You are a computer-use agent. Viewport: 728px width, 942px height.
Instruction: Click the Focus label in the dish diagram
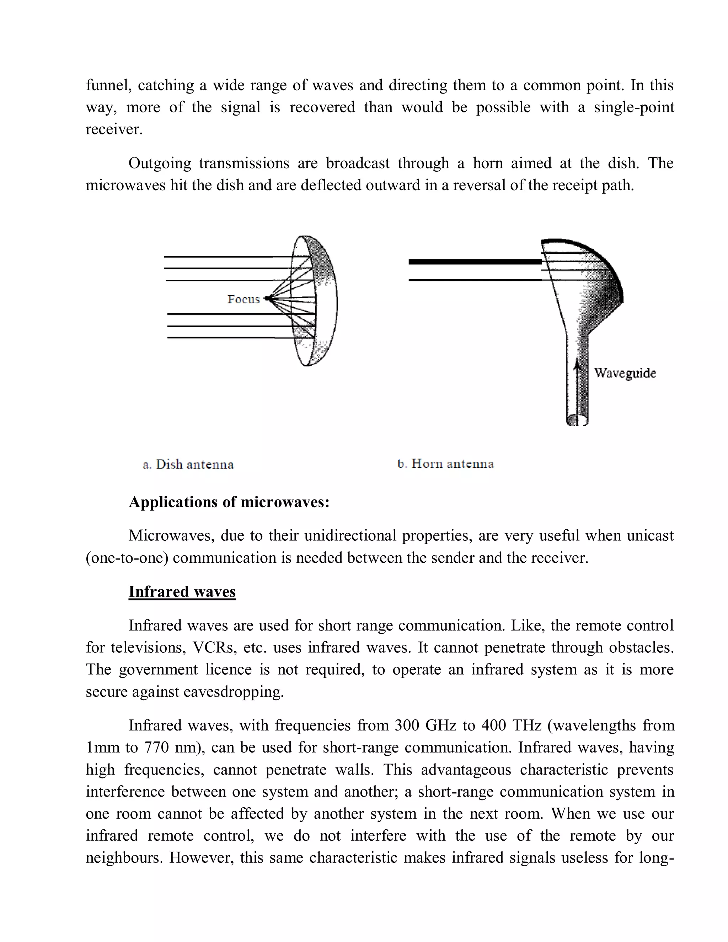click(243, 299)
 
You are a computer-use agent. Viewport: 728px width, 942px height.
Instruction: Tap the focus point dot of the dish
click(267, 298)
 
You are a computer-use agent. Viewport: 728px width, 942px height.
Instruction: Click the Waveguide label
click(625, 373)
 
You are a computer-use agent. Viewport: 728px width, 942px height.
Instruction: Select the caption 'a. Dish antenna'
click(188, 465)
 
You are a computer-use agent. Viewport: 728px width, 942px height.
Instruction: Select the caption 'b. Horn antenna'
click(445, 464)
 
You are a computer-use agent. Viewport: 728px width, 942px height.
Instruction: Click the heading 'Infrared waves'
click(182, 592)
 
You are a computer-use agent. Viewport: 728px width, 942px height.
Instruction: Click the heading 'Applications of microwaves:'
click(229, 502)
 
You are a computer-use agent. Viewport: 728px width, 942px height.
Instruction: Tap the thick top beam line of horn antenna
click(475, 262)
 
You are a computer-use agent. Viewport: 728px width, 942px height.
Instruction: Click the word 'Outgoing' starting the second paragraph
click(160, 164)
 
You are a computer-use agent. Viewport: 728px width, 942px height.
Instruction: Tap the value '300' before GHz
click(407, 726)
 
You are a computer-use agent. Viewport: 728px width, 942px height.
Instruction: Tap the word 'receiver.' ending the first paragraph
click(114, 129)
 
